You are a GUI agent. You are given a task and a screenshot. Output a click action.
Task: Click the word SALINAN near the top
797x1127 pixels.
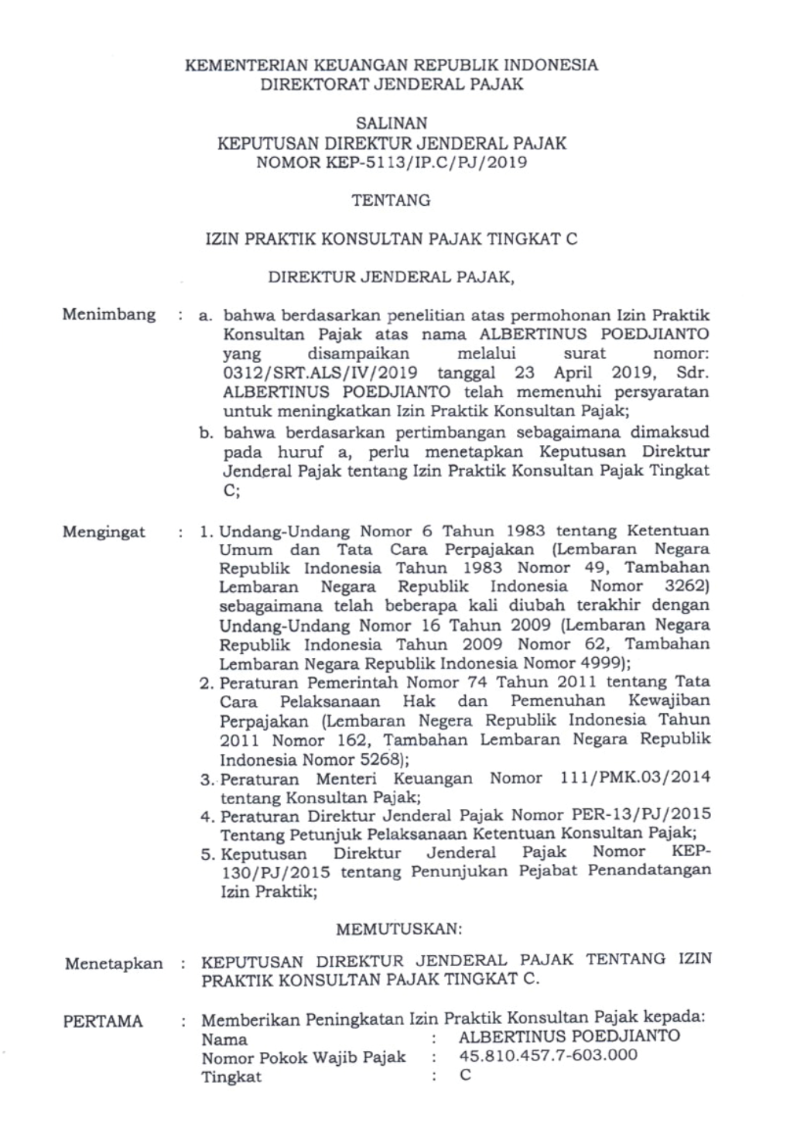click(391, 122)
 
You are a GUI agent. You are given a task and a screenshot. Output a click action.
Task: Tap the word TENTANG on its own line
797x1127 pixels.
click(391, 200)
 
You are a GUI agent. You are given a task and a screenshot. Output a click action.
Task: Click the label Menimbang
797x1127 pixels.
click(109, 315)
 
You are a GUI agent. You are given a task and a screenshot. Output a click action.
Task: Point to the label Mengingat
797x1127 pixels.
click(104, 533)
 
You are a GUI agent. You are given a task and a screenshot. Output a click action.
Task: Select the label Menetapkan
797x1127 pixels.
click(114, 964)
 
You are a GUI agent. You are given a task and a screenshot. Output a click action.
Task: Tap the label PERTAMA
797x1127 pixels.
click(103, 1022)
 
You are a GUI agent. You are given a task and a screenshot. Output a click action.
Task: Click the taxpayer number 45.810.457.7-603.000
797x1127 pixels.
click(549, 1055)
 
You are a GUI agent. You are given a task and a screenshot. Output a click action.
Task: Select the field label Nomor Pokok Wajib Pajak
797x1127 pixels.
click(303, 1057)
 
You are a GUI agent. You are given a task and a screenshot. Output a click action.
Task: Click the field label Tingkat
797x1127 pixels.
click(231, 1077)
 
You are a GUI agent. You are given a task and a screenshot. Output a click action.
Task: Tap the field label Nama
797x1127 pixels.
click(224, 1039)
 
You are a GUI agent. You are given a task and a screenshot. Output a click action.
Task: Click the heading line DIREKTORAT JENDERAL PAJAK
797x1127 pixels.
click(391, 84)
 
